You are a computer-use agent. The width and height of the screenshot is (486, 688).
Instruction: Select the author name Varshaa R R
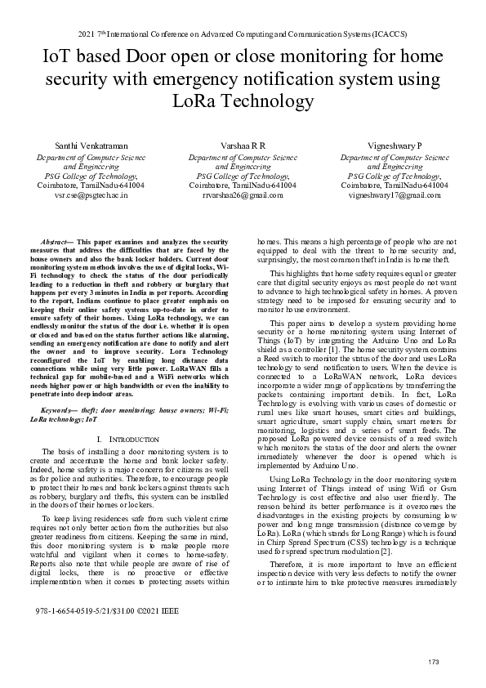(243, 144)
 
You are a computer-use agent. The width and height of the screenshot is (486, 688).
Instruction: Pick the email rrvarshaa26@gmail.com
(243, 196)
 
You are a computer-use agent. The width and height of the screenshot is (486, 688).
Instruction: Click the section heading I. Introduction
(127, 440)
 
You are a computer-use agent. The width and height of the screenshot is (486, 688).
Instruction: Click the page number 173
(434, 661)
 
